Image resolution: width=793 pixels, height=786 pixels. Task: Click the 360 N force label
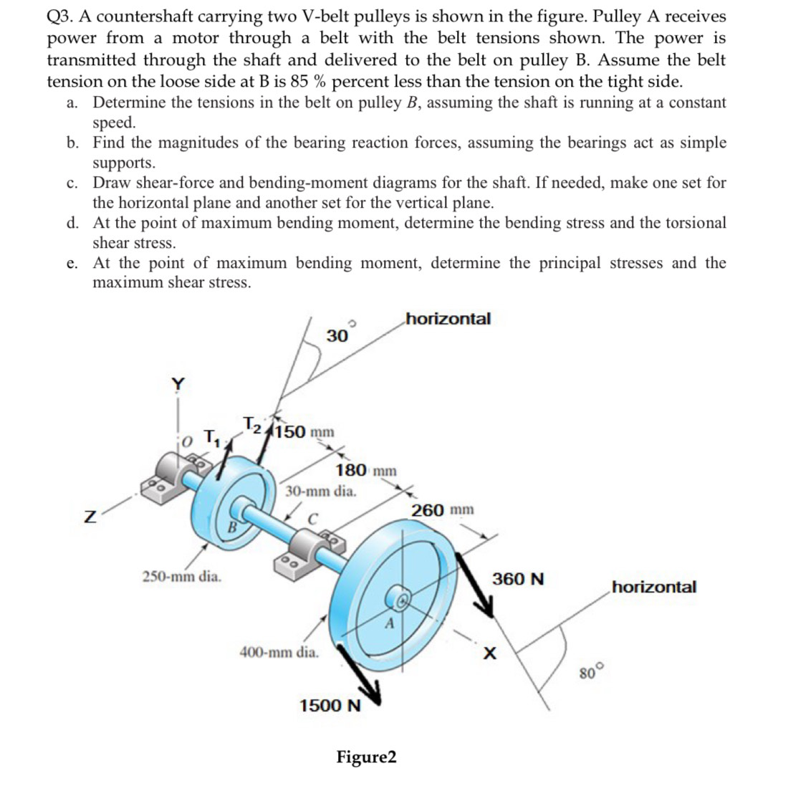coord(518,579)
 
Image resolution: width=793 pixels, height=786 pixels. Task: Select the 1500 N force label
coord(330,706)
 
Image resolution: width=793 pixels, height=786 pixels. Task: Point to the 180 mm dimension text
coord(365,471)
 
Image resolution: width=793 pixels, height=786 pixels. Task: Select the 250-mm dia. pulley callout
coord(182,575)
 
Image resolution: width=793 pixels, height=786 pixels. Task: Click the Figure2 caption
coord(366,757)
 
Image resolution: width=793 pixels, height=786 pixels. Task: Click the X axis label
coord(490,653)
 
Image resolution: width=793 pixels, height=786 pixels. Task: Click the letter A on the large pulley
coord(389,623)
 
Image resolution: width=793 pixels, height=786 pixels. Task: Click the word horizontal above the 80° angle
coord(653,588)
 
